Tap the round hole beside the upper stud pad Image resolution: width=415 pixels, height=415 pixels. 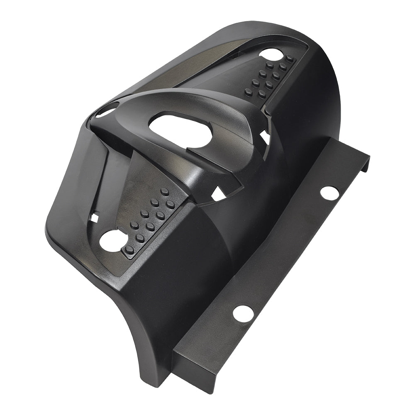point(271,54)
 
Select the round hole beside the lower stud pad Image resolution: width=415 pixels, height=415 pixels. point(111,240)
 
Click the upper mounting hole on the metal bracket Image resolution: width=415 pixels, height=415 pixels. point(329,193)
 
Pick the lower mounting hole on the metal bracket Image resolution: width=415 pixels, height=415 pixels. point(243,313)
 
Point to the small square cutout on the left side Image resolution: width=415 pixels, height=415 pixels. point(95,217)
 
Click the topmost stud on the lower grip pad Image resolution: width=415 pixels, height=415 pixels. point(165,191)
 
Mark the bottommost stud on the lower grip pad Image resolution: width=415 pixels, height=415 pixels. point(129,249)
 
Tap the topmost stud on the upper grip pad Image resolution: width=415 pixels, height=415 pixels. point(289,58)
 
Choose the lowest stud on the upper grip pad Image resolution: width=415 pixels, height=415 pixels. point(249,92)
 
